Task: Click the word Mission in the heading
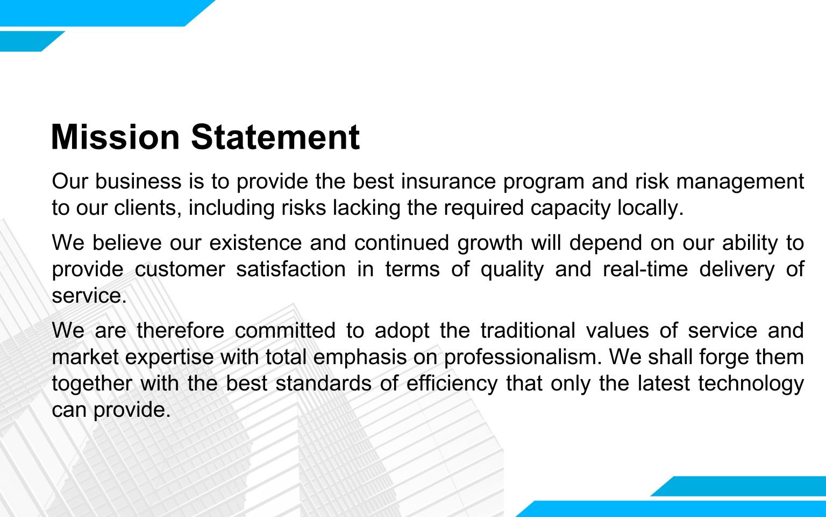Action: (116, 137)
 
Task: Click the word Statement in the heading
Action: (275, 137)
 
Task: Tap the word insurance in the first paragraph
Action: (448, 181)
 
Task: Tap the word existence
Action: (255, 243)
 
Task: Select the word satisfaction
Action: (291, 269)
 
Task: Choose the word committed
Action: (285, 330)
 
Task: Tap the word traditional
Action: (528, 330)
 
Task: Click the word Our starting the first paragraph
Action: (70, 181)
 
